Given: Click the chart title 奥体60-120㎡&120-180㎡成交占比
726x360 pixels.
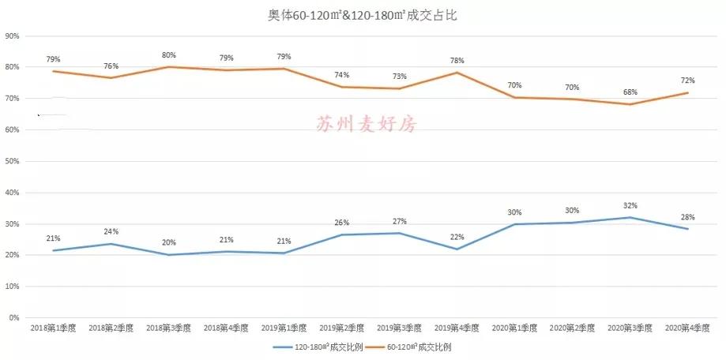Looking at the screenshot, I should coord(362,16).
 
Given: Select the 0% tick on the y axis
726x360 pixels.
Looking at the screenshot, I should coord(14,318).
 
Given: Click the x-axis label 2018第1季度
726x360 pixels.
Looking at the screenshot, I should coord(52,328).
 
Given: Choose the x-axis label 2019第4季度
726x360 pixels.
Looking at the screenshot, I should coord(456,328).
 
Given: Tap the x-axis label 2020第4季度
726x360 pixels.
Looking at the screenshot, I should coord(687,328).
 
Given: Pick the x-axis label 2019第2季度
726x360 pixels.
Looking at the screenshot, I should coord(341,328).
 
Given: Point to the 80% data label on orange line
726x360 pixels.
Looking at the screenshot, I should coord(168,55).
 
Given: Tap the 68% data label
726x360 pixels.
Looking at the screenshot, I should coord(630,92).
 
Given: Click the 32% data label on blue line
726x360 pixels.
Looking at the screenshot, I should coord(630,206).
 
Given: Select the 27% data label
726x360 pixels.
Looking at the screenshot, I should coord(399,221).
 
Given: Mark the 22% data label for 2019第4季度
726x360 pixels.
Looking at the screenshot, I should coord(457,237).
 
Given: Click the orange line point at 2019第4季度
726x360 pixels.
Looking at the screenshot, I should coord(457,73).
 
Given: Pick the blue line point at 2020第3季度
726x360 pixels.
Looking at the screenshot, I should coord(630,217).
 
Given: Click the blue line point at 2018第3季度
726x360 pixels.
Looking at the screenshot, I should coord(168,255).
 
